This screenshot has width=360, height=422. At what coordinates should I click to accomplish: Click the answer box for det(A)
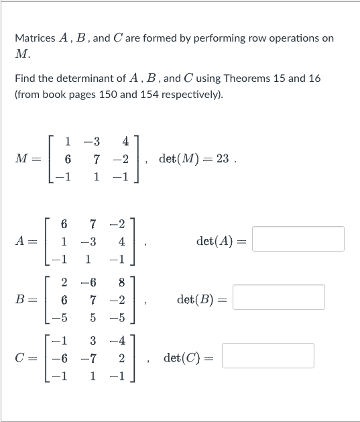298,239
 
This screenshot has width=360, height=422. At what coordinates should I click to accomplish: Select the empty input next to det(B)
278,297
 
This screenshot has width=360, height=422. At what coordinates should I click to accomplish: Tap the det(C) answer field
268,356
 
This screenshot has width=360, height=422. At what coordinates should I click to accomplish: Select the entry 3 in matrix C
94,341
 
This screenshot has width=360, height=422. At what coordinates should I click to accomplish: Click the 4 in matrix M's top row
125,142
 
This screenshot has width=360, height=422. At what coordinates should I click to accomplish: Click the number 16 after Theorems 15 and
314,78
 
